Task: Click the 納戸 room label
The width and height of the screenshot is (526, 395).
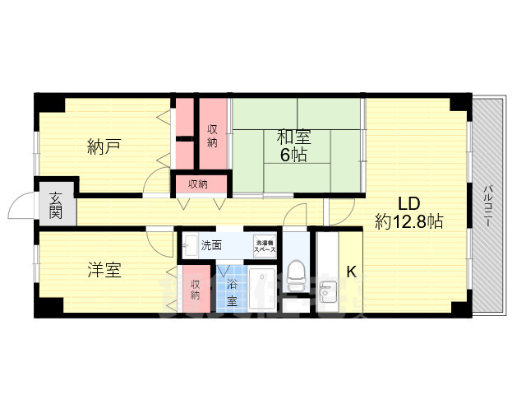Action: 104,147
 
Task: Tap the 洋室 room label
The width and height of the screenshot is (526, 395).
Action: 104,270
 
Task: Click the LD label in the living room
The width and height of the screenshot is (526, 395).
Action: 409,203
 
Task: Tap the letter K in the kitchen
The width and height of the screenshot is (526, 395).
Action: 351,271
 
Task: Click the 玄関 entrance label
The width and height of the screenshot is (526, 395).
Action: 56,205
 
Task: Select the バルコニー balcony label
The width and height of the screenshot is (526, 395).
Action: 487,205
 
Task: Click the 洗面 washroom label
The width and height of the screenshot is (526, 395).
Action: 210,244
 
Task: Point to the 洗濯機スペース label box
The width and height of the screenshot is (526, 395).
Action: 264,244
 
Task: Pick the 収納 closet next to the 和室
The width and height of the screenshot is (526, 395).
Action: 213,136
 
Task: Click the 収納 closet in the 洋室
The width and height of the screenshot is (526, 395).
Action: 196,289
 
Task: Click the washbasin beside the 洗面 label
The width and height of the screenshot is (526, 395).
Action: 189,244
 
